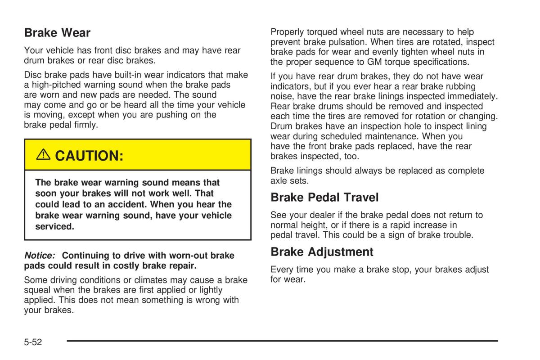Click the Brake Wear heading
57,33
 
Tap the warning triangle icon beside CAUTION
43,155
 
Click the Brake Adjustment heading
322,252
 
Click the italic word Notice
40,256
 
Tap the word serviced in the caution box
54,226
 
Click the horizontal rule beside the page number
282,341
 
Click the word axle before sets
279,180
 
